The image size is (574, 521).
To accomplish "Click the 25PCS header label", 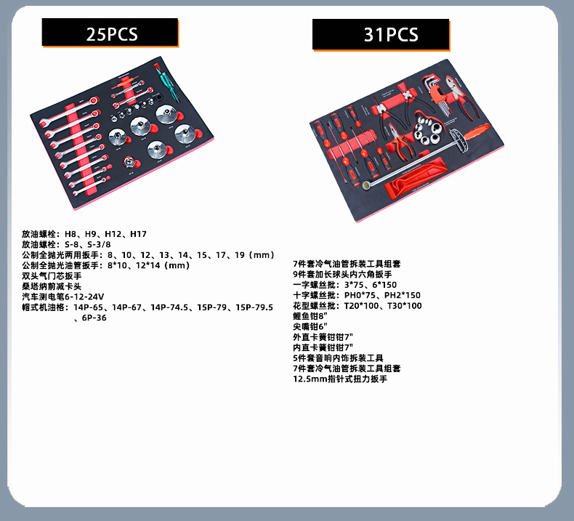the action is tap(110, 33).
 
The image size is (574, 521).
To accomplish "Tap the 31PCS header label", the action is tap(380, 34).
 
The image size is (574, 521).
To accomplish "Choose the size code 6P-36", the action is tap(94, 318).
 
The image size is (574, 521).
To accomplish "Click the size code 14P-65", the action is tap(89, 307).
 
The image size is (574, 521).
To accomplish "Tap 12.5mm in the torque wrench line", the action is tap(307, 379).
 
